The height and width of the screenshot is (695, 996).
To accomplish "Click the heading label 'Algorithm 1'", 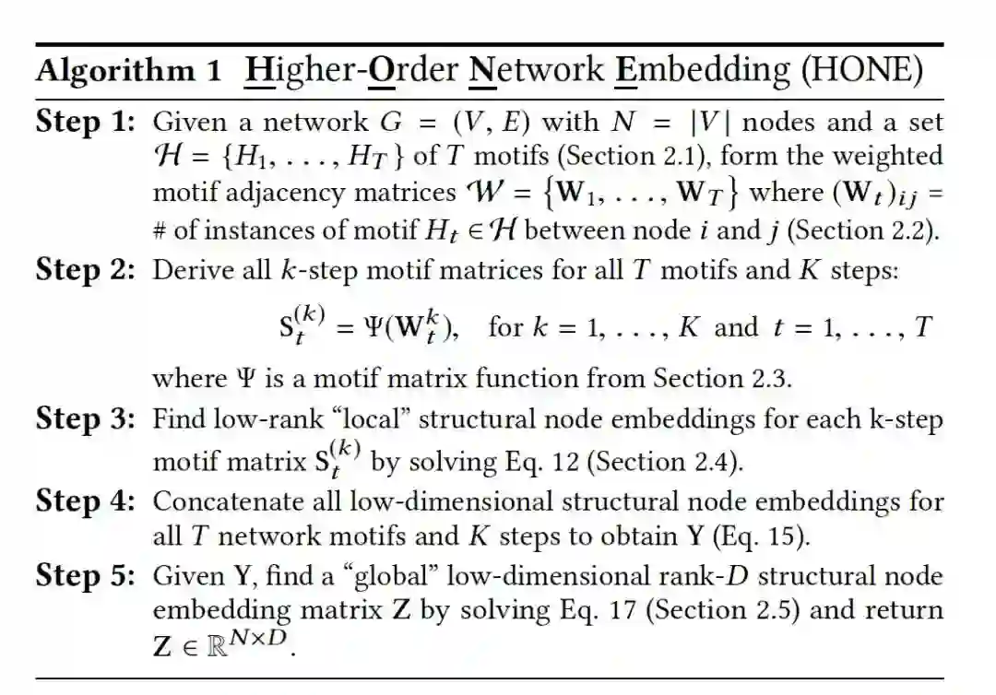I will (128, 72).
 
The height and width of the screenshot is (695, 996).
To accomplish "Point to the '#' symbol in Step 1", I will (160, 230).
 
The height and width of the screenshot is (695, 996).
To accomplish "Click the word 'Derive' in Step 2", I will (186, 270).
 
